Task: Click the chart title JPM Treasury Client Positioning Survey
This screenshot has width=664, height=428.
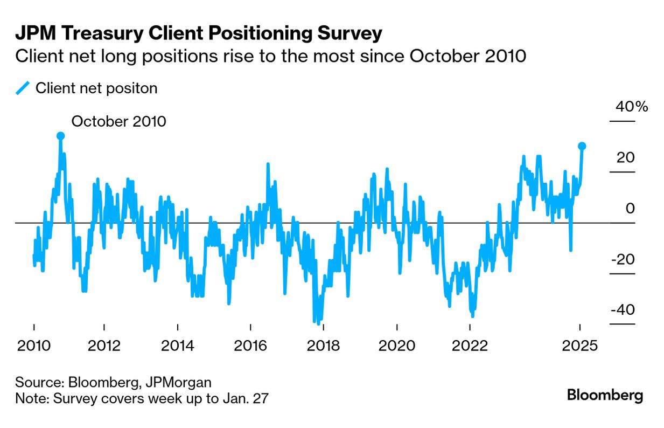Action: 198,33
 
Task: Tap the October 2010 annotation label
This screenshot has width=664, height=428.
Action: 118,121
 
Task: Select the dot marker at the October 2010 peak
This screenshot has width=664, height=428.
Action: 60,136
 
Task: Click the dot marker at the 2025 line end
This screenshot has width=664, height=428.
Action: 582,146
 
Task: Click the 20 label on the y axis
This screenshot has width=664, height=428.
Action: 626,157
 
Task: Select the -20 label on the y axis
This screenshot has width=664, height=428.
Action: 624,259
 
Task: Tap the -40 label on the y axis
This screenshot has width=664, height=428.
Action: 624,310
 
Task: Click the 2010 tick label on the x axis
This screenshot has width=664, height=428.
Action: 34,345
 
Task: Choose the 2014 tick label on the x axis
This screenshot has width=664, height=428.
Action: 178,345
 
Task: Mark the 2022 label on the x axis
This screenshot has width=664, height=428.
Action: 470,345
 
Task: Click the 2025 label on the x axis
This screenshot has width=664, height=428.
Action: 579,345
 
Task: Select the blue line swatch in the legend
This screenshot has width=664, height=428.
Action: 23,88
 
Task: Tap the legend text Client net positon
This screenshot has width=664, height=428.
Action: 96,88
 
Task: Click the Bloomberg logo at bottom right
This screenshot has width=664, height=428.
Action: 605,395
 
